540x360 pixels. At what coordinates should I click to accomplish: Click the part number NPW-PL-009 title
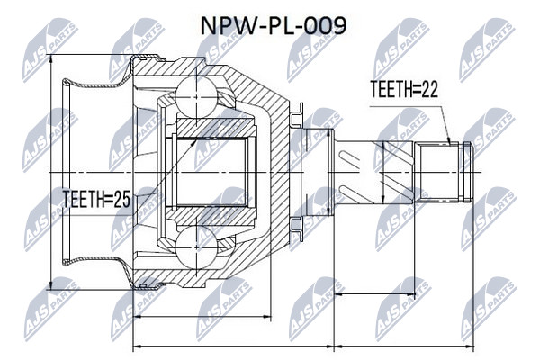click(x=273, y=26)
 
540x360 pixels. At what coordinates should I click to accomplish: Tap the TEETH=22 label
click(x=404, y=89)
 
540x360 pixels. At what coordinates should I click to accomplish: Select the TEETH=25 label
click(x=96, y=199)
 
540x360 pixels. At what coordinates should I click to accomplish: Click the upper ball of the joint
click(x=196, y=97)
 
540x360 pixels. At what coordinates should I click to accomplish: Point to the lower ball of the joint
click(x=196, y=247)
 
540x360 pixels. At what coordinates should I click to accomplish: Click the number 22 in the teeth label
click(x=429, y=89)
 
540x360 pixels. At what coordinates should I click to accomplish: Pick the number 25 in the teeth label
click(x=121, y=199)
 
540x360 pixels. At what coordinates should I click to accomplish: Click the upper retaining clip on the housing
click(x=297, y=115)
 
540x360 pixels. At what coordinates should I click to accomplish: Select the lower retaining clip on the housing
click(x=297, y=229)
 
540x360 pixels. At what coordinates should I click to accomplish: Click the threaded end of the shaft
click(x=439, y=172)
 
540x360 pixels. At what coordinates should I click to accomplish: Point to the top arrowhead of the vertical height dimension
click(x=51, y=59)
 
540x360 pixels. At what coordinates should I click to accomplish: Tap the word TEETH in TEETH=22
click(x=391, y=89)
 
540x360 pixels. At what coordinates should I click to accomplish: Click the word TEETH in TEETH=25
click(x=84, y=199)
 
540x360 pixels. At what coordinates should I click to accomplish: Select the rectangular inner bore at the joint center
click(x=205, y=172)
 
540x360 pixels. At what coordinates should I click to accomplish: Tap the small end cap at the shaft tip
click(x=467, y=172)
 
